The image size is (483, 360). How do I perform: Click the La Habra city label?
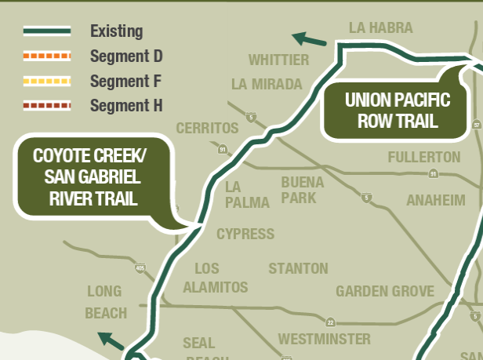380,28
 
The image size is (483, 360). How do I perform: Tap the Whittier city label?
278,60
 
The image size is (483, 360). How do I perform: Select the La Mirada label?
267,85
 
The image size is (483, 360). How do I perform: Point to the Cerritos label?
207,128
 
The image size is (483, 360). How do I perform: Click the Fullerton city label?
424,158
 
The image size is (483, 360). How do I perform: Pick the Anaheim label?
435,201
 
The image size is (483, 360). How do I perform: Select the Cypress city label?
245,234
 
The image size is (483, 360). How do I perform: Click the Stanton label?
298,269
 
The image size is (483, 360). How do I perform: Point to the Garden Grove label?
385,292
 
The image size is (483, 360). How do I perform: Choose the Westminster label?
324,339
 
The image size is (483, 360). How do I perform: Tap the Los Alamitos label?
216,278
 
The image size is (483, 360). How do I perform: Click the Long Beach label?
105,302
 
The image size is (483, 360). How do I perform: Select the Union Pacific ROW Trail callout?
398,111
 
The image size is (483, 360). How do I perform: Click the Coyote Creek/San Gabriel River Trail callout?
93,176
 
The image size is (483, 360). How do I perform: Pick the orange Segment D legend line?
46,56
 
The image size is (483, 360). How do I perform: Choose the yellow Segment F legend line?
46,81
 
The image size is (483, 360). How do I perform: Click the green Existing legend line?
46,31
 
